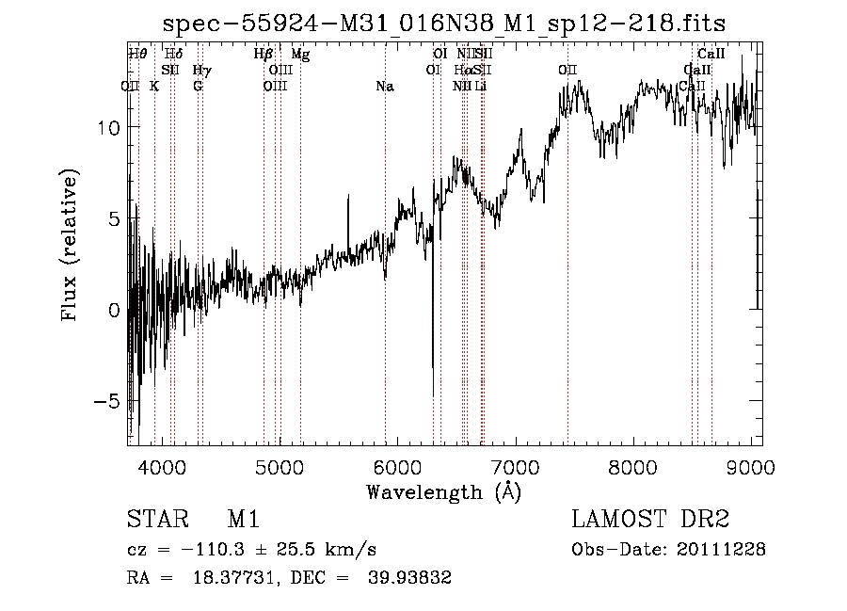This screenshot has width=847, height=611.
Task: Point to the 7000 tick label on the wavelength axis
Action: pos(515,468)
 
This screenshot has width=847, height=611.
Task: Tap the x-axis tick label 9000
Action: pos(751,468)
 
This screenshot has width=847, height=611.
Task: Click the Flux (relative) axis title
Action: pos(71,245)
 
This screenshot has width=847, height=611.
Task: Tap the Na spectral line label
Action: pos(384,87)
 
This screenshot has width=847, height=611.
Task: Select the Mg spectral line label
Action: pos(299,55)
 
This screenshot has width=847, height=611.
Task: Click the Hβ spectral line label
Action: pos(264,55)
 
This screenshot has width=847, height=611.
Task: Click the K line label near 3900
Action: pos(154,87)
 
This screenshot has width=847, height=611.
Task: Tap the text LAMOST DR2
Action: pos(650,520)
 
